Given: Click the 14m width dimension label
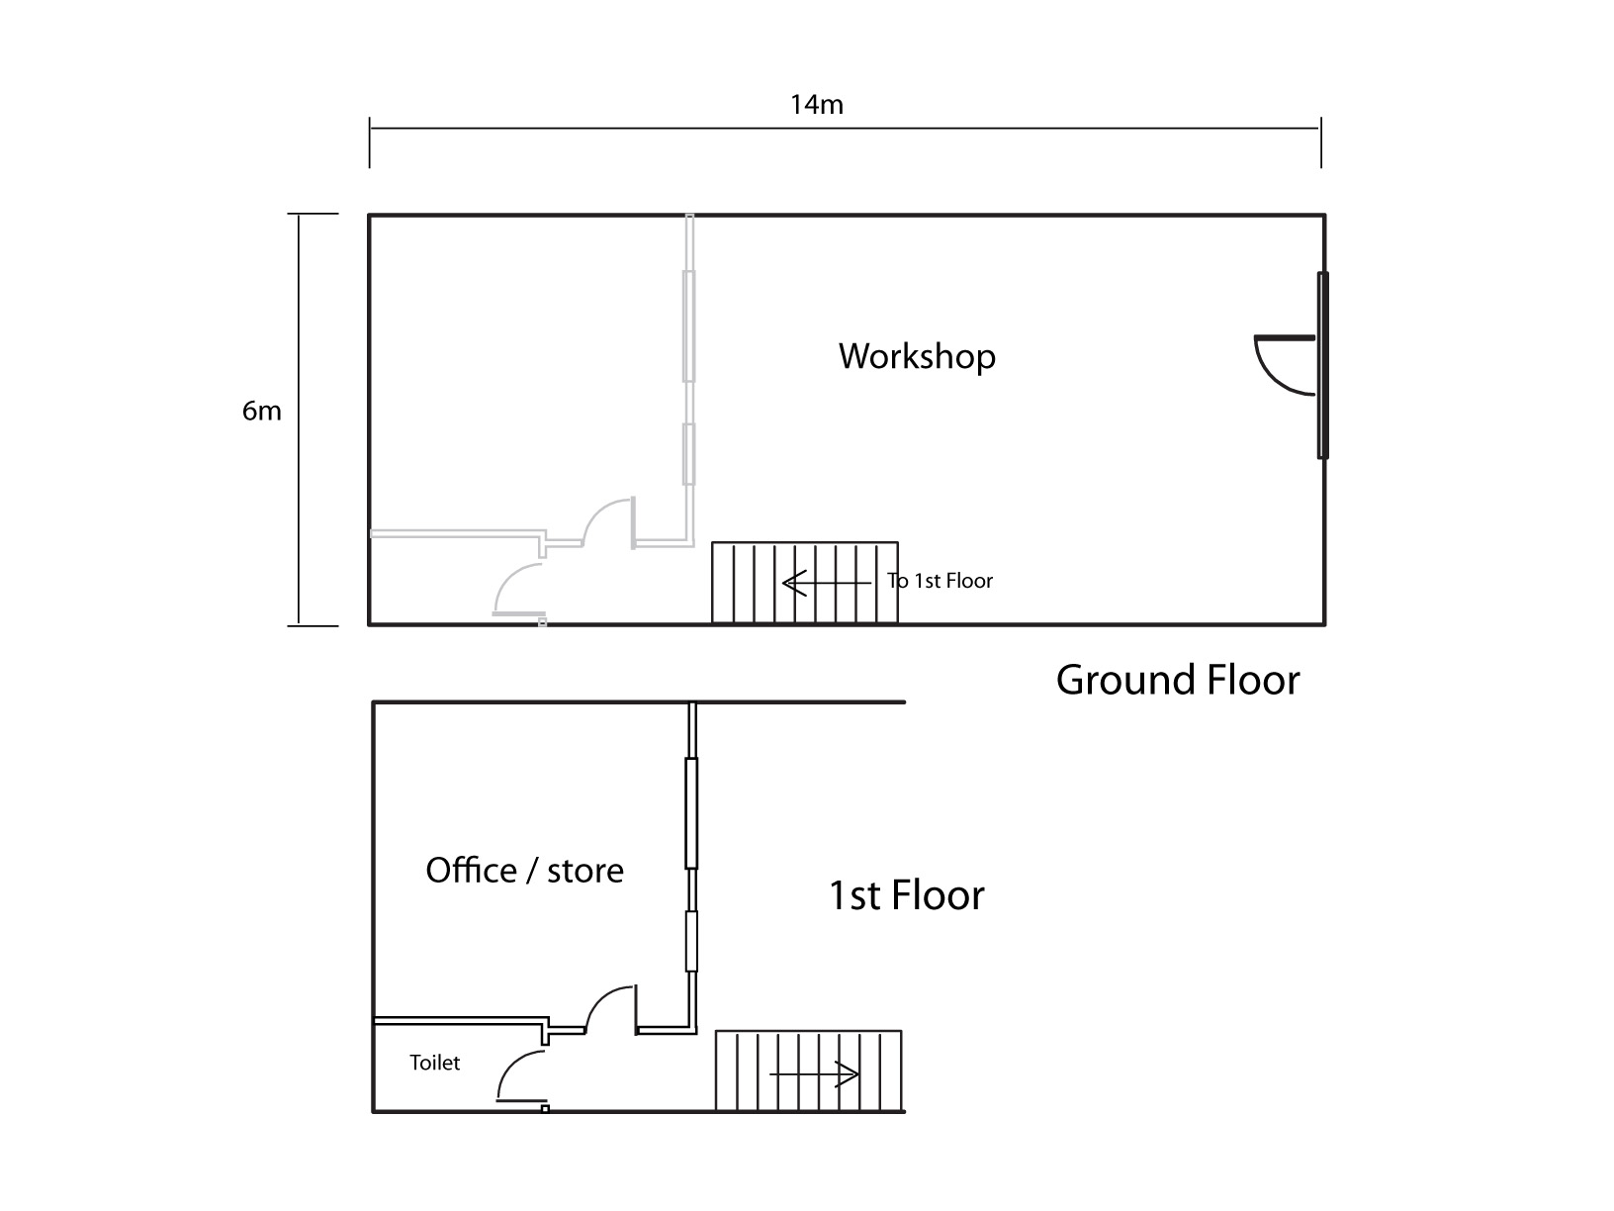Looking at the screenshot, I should [816, 104].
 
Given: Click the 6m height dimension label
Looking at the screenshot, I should [262, 411].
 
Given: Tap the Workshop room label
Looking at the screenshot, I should [917, 356].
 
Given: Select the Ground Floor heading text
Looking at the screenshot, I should [1177, 680].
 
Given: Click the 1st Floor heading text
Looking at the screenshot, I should [906, 895].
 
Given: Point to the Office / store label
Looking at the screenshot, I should [524, 871].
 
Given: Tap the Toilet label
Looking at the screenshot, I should [435, 1063].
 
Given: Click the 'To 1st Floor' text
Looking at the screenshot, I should [940, 581].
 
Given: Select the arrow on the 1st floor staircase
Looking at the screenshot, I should [814, 1073].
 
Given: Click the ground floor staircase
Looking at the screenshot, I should [805, 583].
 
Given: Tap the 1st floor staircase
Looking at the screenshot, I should [809, 1071].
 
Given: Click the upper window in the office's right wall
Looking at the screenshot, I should [692, 813].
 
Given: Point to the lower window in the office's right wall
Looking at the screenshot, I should [692, 941].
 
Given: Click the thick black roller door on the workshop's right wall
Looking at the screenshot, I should [1322, 366].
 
